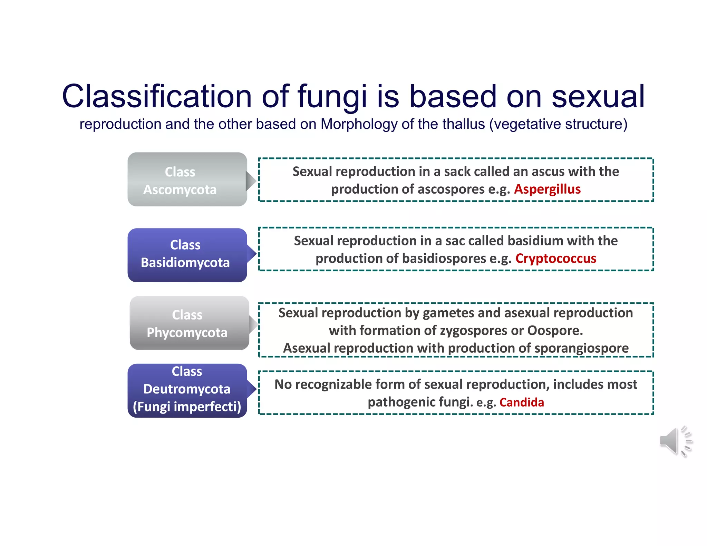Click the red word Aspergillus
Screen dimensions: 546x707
(x=547, y=189)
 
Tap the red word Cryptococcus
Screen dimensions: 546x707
(x=555, y=259)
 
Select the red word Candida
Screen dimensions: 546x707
(x=521, y=402)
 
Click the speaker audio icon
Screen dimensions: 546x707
(x=675, y=441)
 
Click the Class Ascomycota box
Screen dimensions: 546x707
(x=187, y=179)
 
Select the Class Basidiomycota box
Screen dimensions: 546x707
(x=187, y=255)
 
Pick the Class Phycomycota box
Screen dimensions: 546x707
(x=189, y=323)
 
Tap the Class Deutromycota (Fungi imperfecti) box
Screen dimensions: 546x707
(x=187, y=390)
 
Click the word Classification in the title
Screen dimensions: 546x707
(x=157, y=96)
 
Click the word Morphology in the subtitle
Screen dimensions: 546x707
(x=359, y=124)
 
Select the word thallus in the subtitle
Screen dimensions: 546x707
(x=463, y=124)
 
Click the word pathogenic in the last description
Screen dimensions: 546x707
(x=401, y=402)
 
